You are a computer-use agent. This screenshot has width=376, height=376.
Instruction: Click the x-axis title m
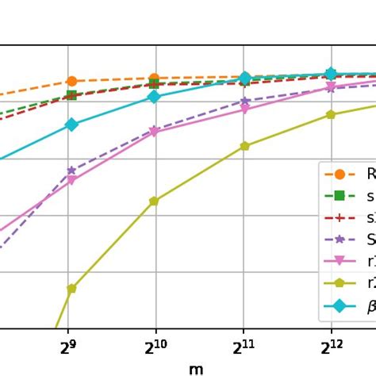click(196, 369)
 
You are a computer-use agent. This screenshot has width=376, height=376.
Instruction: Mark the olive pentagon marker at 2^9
click(71, 289)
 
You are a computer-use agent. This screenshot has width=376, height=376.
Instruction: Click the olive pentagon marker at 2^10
click(154, 201)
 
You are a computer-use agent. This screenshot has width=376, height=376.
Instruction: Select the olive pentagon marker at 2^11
click(244, 146)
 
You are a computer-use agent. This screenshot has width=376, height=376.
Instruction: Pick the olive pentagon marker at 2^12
click(331, 115)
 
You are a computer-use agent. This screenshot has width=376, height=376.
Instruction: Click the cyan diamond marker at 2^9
click(71, 125)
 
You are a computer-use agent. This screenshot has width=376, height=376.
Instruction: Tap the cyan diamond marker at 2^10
click(154, 97)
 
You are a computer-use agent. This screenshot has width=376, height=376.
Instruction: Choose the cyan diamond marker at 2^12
click(331, 74)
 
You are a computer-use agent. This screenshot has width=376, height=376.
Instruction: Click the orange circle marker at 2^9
click(71, 81)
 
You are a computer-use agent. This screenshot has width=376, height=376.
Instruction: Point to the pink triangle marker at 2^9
click(71, 181)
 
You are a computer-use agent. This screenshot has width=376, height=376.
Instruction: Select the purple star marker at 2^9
click(71, 171)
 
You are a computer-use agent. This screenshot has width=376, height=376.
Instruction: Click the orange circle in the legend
click(340, 174)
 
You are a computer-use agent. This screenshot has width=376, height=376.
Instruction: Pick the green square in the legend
click(340, 195)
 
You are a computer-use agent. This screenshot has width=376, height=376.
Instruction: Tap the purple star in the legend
click(340, 239)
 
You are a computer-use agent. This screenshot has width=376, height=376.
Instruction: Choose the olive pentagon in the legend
click(340, 282)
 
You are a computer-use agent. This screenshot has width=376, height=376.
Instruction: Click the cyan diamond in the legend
click(340, 305)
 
